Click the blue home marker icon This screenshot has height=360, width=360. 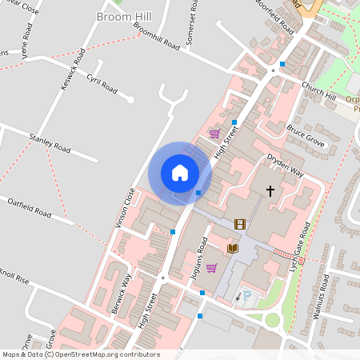pyautogui.click(x=180, y=173)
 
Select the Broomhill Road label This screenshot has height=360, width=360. pyautogui.click(x=157, y=38)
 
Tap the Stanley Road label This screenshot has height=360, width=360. pyautogui.click(x=50, y=143)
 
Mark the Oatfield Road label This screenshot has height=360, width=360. pyautogui.click(x=29, y=206)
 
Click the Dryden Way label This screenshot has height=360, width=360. pyautogui.click(x=286, y=165)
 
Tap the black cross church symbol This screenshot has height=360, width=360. pyautogui.click(x=270, y=191)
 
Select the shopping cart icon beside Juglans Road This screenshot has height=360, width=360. pyautogui.click(x=211, y=268)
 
